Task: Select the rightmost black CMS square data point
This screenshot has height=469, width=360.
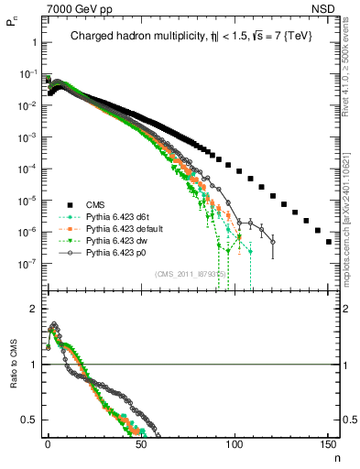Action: click(329, 242)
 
